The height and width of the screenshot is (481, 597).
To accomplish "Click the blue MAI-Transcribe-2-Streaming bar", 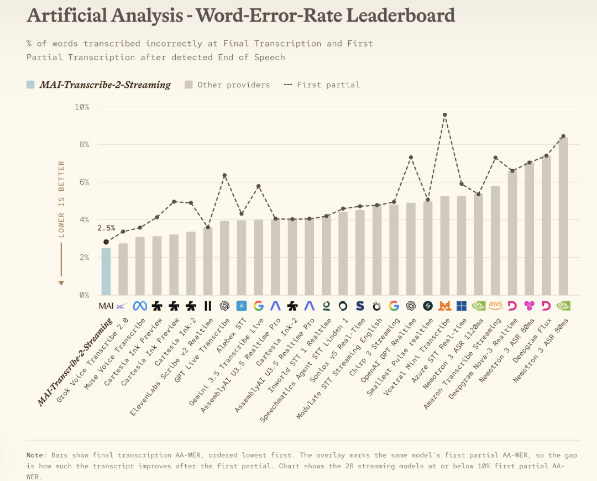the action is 106,271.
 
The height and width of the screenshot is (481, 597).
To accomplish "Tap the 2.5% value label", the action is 106,228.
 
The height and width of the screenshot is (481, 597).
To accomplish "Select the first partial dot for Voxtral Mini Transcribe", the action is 444,114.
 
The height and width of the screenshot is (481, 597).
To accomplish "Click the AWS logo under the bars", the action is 495,305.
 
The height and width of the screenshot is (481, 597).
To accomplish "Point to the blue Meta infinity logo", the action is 140,306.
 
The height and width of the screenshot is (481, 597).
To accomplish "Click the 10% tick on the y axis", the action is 82,107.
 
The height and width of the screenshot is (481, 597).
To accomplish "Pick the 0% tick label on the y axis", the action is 84,295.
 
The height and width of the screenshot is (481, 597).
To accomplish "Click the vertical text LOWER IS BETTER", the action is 61,199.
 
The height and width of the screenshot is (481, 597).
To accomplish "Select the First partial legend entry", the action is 322,85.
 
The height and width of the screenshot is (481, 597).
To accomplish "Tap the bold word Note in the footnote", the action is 36,455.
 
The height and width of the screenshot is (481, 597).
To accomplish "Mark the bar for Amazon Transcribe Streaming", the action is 495,240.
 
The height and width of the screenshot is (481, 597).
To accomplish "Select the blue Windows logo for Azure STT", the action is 462,306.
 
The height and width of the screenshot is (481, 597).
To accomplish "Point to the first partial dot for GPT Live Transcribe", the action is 224,175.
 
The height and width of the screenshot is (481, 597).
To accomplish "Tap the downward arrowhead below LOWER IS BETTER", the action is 61,283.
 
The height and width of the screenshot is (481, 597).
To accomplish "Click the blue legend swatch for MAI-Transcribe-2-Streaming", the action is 30,85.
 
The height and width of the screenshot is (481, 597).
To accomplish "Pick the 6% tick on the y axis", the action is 84,182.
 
